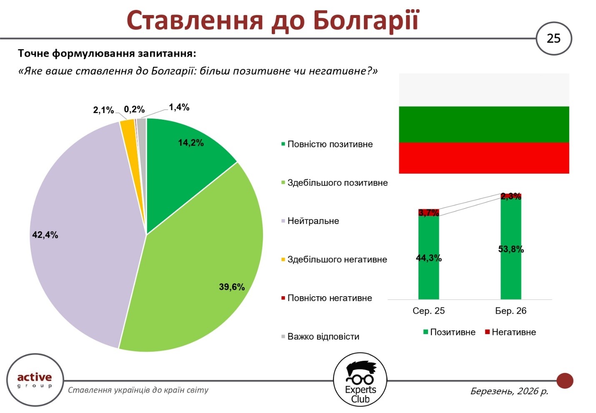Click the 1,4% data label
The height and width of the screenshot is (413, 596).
179,107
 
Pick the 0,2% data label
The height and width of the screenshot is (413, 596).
134,110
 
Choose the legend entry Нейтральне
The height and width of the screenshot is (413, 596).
313,221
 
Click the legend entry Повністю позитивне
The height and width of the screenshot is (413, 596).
330,144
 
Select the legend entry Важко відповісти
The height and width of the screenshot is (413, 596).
323,337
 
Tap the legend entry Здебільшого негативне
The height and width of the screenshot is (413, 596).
337,259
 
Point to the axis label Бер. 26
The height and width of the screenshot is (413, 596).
511,311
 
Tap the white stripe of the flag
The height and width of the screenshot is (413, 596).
484,90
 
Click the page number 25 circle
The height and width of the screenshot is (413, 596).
553,38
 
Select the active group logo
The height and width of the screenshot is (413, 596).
35,380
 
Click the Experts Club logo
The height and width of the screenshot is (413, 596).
360,379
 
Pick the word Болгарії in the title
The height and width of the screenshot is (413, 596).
366,20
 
